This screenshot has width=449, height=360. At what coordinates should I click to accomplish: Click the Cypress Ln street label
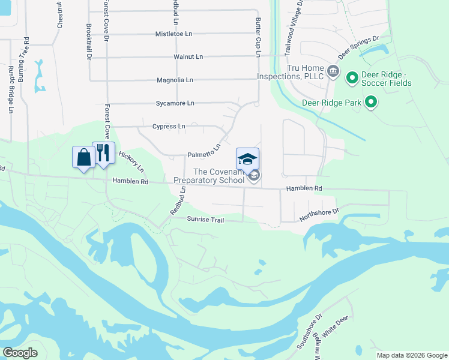click(x=169, y=127)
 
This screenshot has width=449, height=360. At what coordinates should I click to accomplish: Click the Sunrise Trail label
click(x=205, y=220)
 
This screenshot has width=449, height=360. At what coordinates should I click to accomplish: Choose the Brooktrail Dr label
click(x=88, y=42)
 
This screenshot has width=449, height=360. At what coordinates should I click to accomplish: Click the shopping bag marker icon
click(x=82, y=157)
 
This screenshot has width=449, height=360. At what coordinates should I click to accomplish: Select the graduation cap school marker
click(x=248, y=159)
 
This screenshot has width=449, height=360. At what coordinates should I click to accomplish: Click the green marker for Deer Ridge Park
click(x=371, y=103)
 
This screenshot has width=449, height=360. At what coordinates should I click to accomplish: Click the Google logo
click(x=20, y=353)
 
